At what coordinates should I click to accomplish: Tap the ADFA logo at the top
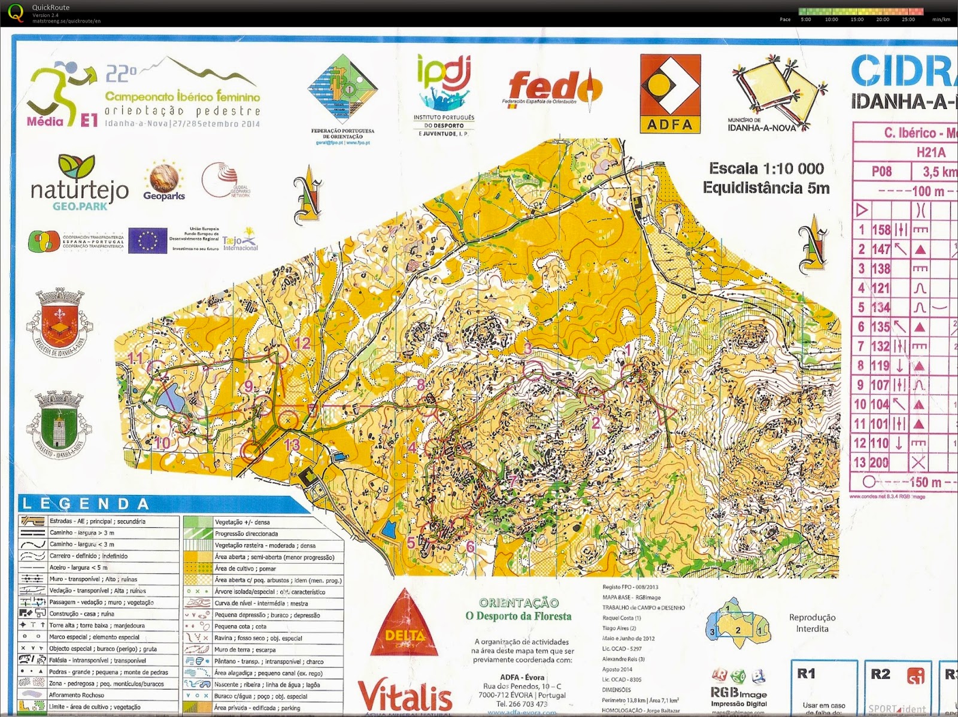670,93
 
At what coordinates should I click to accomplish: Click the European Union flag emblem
147,241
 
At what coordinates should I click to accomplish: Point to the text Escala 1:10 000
766,169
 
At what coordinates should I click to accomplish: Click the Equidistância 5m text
766,188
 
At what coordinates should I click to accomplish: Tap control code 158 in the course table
881,230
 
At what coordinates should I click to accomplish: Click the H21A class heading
930,153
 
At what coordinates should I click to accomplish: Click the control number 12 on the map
302,343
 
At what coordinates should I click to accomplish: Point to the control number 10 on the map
162,443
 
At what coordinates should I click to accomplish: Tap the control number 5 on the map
411,543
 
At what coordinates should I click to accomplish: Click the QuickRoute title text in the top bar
50,8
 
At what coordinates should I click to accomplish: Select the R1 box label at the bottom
807,674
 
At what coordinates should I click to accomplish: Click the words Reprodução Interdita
812,623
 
